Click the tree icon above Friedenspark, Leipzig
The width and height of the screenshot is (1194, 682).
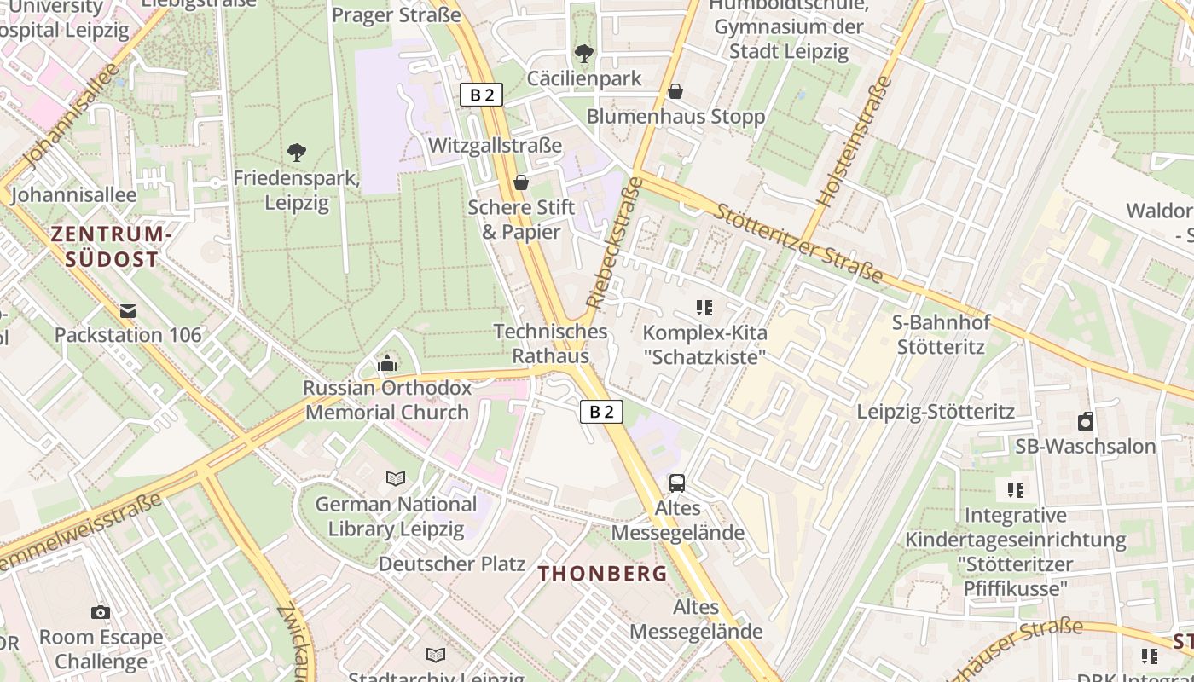pos(297,153)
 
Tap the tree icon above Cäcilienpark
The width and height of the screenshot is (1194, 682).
pos(584,54)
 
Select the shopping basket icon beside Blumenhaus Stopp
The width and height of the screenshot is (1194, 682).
pos(675,90)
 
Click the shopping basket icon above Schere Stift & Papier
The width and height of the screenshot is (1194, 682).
pos(521,182)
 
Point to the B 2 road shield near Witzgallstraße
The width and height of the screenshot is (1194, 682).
pos(482,95)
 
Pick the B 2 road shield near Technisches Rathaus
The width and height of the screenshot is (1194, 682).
pos(602,412)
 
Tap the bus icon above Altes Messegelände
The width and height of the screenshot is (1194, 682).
pos(677,483)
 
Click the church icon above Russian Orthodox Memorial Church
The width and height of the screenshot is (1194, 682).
pos(387,364)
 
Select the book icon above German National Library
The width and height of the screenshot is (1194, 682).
pos(396,478)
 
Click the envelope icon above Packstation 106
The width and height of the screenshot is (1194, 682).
pos(128,311)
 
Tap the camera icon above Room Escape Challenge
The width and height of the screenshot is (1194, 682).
pos(101,612)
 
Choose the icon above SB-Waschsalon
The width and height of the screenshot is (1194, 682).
pos(1085,421)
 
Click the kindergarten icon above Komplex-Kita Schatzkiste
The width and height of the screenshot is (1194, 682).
pos(704,307)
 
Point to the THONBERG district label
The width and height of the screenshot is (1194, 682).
pos(603,574)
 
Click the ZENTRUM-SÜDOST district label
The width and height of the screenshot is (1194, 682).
pos(112,246)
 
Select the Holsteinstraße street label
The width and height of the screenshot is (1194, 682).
pos(854,142)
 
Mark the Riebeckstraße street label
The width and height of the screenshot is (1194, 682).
pos(613,242)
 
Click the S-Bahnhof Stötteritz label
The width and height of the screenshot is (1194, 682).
pos(941,334)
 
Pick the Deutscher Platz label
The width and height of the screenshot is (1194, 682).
pos(452,564)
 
